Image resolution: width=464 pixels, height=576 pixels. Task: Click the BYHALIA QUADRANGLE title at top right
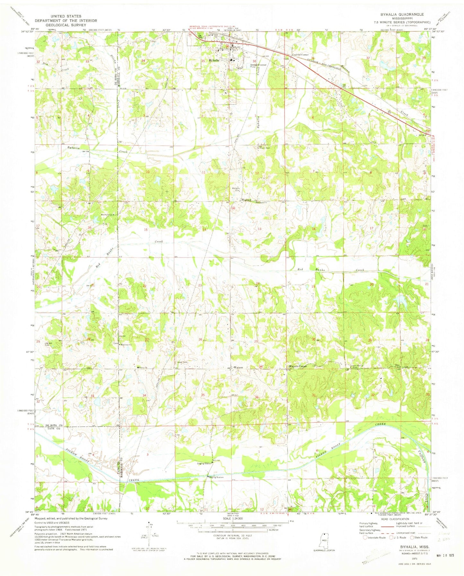(406, 14)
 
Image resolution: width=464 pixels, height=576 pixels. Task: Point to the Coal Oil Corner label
(300, 55)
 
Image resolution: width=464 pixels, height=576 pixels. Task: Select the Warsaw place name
(246, 200)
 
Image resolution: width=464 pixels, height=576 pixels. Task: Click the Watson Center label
(298, 366)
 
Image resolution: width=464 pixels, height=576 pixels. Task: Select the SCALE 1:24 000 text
(232, 528)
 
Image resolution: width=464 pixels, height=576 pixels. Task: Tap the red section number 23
(200, 285)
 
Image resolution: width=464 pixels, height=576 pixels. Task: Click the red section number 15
(146, 230)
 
